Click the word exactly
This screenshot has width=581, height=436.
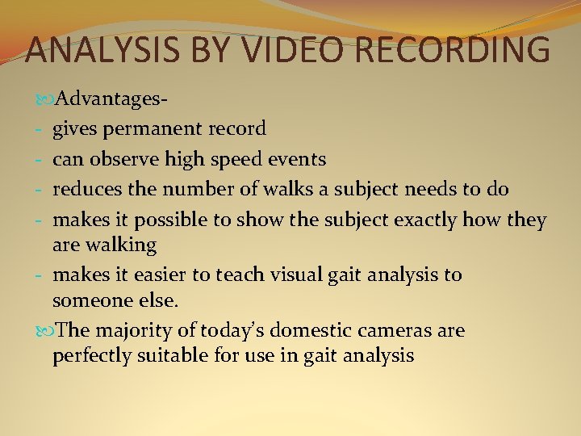pyautogui.click(x=437, y=220)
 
